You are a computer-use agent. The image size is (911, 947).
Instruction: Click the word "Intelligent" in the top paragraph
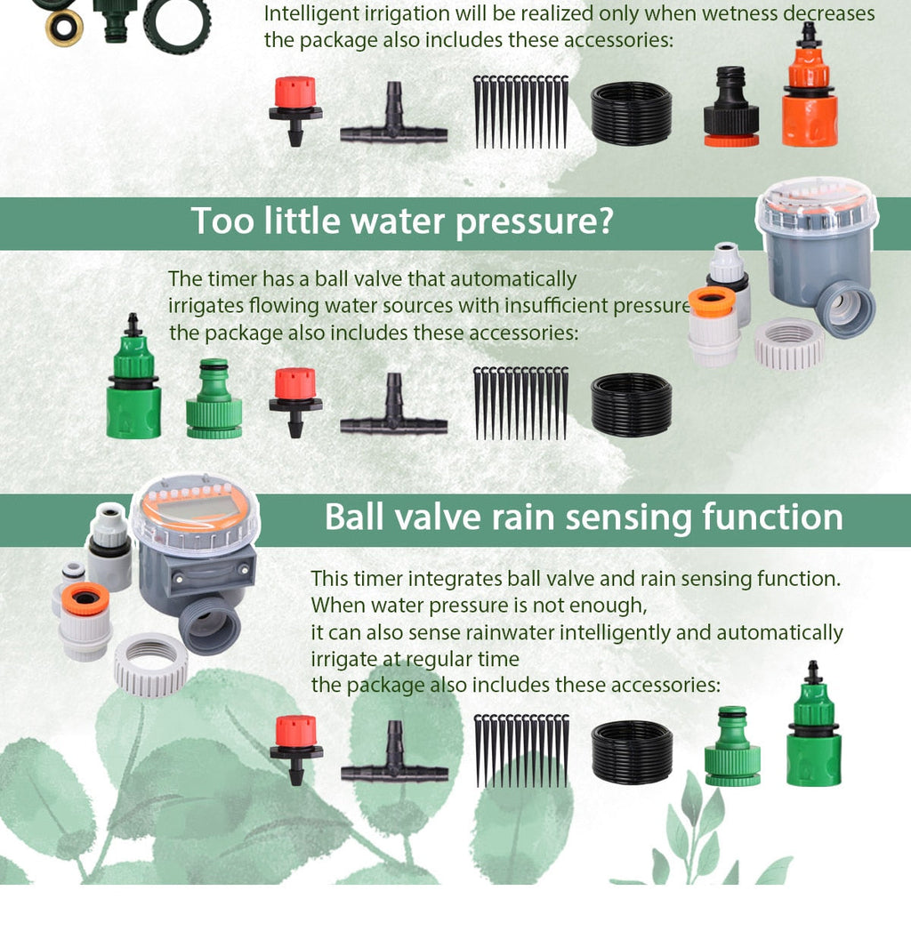[x=307, y=14]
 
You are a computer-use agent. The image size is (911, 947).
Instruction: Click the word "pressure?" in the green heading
[x=534, y=221]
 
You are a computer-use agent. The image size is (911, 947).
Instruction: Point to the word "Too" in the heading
[x=222, y=221]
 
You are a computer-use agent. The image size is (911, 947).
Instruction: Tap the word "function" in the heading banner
[x=773, y=517]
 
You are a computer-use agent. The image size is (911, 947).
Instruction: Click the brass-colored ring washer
[x=64, y=28]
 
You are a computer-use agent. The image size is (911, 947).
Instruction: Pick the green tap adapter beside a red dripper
[x=214, y=400]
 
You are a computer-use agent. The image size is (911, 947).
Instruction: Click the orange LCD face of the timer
[x=194, y=509]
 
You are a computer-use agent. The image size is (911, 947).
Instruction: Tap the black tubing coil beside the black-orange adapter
[x=631, y=113]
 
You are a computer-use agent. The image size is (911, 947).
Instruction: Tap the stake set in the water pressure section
[x=520, y=403]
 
